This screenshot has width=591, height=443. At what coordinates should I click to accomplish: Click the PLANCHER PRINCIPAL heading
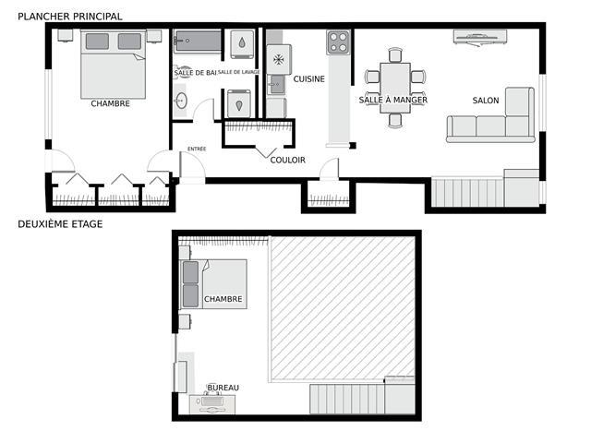point(70,17)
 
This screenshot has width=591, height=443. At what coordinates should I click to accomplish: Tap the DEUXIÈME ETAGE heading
point(60,224)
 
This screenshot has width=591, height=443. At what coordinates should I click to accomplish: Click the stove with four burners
point(338,42)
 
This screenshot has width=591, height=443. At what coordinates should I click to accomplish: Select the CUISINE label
point(308,79)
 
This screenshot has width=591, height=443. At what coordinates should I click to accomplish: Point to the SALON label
point(486,101)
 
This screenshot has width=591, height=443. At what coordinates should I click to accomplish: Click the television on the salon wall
point(480,37)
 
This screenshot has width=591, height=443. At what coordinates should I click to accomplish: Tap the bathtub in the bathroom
point(198,41)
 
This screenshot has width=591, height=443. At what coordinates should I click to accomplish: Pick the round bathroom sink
point(181,101)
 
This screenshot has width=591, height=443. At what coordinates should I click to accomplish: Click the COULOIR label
point(287,160)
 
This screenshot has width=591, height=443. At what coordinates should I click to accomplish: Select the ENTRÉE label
point(197,150)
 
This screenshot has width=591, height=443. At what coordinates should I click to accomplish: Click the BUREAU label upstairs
point(223,388)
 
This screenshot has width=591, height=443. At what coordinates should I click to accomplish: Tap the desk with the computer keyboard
point(212,404)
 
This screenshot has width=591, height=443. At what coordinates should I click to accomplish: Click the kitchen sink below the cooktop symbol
point(276,84)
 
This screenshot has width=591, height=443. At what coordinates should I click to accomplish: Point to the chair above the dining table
point(395,55)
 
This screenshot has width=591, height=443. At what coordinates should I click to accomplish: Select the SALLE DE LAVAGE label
point(238,72)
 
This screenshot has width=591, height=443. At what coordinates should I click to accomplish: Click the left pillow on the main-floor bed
point(97,42)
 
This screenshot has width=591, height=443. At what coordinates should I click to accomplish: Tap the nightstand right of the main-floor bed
point(154,36)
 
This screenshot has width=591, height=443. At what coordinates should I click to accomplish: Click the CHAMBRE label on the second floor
point(223,299)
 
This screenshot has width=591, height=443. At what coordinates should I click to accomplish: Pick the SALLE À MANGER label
point(393,100)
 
